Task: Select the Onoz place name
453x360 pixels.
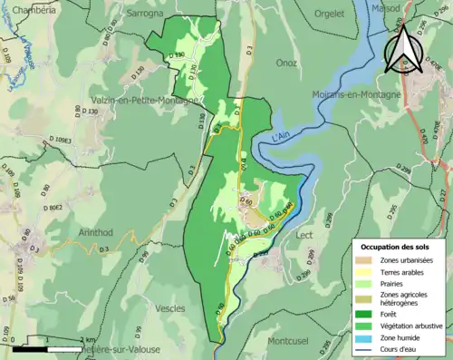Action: point(286,63)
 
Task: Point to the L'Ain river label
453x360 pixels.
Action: point(284,139)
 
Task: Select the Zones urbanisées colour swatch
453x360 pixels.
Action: point(366,261)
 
